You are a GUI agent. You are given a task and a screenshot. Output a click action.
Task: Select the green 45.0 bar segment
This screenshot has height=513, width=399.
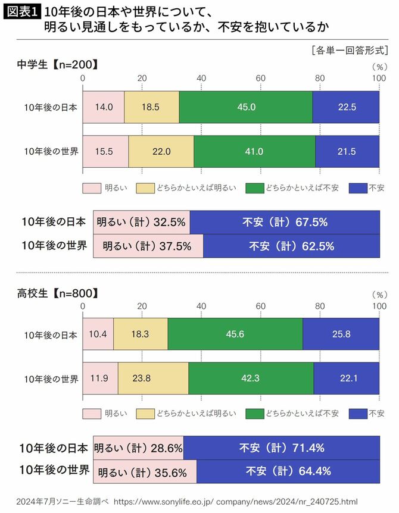coord(245,107)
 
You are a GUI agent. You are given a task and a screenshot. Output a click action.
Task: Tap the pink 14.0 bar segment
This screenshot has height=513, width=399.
coord(103,107)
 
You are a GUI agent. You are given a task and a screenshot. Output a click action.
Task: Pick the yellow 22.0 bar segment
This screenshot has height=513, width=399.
coord(161,151)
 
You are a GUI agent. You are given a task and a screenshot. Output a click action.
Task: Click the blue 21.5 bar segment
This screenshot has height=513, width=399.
coord(347,151)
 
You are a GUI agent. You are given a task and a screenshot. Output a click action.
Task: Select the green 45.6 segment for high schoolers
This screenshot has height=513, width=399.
coord(235,334)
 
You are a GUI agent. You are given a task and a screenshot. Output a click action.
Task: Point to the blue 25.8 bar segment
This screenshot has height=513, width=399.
coord(341,334)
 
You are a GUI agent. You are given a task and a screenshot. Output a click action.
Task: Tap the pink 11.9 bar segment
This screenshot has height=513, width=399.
coord(100,378)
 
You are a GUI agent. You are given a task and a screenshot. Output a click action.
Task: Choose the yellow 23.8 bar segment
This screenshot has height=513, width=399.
coord(153,378)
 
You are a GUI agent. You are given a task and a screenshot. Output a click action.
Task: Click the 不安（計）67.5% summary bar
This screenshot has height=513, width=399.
coord(285,222)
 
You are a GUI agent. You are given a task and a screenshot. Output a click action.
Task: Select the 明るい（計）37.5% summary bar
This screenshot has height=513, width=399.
coord(148,245)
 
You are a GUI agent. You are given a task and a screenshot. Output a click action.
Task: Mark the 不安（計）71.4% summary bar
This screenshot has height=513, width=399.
coord(281,448)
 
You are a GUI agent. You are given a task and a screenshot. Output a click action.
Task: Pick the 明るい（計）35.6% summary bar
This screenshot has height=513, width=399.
coord(145,471)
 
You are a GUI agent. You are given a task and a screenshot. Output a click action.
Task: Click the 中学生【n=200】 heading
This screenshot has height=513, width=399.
coord(57,65)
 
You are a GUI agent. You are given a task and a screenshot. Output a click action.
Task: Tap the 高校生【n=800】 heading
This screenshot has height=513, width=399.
coord(57,293)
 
